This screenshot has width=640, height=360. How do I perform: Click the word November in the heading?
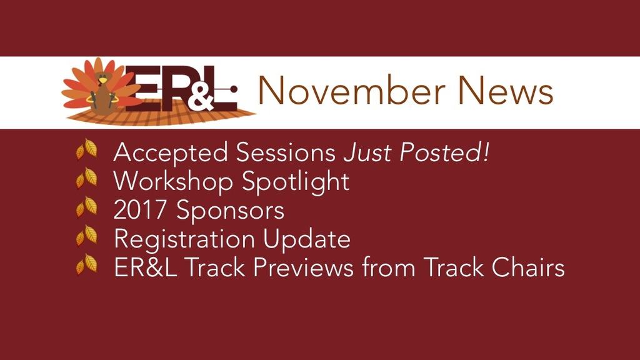(x=351, y=90)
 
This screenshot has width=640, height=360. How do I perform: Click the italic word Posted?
(x=444, y=152)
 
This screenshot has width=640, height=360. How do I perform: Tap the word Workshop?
(x=173, y=182)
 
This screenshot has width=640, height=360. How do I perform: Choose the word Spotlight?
(x=296, y=182)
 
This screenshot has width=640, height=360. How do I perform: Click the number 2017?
(x=140, y=210)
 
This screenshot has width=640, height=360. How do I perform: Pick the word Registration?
(x=183, y=239)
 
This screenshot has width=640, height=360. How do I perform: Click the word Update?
(x=306, y=239)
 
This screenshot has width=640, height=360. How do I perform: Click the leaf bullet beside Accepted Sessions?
(x=86, y=149)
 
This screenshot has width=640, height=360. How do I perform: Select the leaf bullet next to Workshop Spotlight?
(x=86, y=178)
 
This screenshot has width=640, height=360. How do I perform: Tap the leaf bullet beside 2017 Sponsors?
(x=86, y=206)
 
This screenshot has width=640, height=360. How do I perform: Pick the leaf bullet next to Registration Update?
(x=86, y=236)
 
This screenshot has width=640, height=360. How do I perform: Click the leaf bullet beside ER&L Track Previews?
(x=86, y=264)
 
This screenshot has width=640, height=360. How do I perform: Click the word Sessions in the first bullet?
(x=286, y=152)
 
